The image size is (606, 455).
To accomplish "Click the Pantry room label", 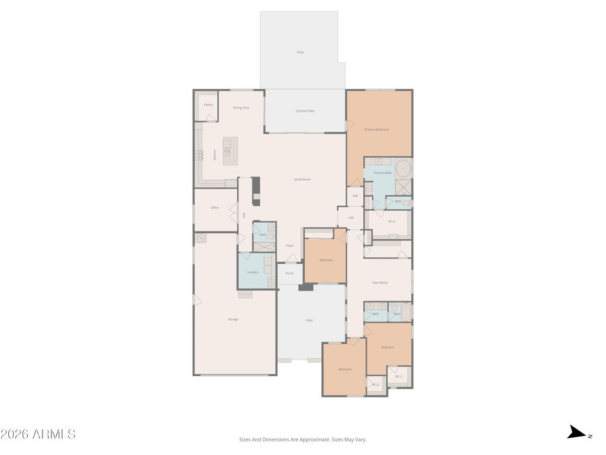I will click(208, 105).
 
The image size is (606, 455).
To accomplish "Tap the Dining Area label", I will click(241, 108).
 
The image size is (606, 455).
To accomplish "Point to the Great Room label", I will click(302, 180).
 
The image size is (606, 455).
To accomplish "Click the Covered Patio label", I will click(305, 111).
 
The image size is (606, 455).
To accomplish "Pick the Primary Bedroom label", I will click(376, 129).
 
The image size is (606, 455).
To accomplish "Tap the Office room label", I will click(215, 208).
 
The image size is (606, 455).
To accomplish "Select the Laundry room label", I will click(253, 273).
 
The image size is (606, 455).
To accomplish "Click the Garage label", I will click(233, 319).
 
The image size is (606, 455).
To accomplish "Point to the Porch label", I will click(290, 273).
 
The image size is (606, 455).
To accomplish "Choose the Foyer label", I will click(290, 245).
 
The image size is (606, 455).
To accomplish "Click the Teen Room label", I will click(380, 283).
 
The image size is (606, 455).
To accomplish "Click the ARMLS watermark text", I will click(38, 434).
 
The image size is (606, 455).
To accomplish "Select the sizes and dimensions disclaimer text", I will click(303, 440).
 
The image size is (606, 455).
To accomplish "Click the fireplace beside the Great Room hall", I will click(256, 191).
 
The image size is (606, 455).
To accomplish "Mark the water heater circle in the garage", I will click(201, 238).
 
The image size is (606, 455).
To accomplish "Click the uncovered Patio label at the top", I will click(301, 52).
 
